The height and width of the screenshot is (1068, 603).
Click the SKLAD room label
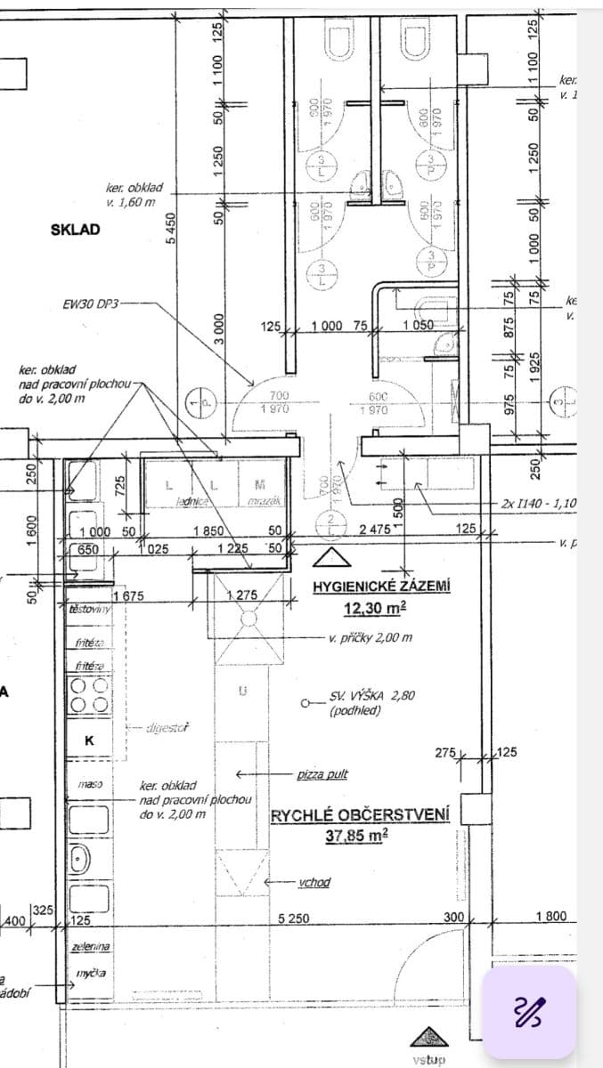click(x=76, y=230)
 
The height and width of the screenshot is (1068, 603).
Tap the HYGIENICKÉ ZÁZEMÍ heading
click(x=381, y=587)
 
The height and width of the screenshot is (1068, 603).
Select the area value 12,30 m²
click(x=375, y=608)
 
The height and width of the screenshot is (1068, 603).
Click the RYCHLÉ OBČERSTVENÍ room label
click(x=360, y=814)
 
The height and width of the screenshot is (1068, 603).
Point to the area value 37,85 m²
click(x=360, y=836)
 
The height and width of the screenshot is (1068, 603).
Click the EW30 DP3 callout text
click(x=90, y=303)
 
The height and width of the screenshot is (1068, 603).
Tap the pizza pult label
click(x=322, y=773)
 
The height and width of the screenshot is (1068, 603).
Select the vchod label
click(x=314, y=882)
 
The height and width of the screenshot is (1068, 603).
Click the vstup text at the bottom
click(x=428, y=1060)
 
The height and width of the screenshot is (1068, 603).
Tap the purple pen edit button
click(x=528, y=1012)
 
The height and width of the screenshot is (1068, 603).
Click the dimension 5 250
click(x=294, y=917)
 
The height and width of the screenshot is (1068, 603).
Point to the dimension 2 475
click(x=374, y=529)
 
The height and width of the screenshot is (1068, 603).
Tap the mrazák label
click(x=261, y=502)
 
